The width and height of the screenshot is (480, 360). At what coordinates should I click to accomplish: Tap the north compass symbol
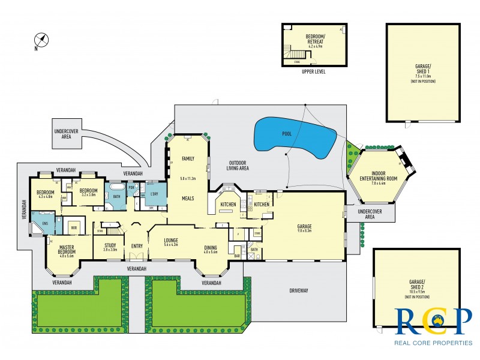[41, 41]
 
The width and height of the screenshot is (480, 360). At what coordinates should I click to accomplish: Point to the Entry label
[137, 245]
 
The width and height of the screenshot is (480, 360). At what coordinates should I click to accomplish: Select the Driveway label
[299, 290]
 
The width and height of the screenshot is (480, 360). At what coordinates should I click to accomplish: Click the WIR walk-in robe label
[74, 227]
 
